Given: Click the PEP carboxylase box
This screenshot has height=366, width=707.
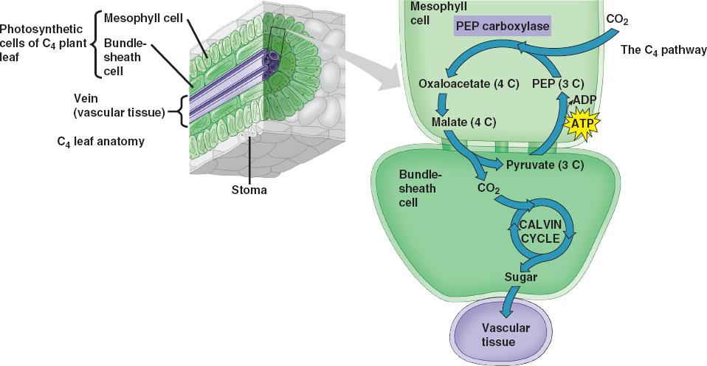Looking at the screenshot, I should [x=501, y=25].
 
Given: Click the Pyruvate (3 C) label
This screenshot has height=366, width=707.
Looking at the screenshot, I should [x=545, y=165].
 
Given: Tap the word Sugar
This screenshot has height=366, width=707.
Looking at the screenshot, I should [x=520, y=278].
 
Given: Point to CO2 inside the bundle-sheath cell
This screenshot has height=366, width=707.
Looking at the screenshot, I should [x=488, y=189].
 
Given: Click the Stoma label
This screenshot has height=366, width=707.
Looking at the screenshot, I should [x=249, y=190].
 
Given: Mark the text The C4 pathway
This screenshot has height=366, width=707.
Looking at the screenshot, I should [x=664, y=50].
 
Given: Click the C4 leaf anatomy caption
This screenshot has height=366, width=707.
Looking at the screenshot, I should [x=100, y=142].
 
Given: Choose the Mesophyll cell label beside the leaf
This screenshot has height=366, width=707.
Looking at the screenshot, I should [x=142, y=16].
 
